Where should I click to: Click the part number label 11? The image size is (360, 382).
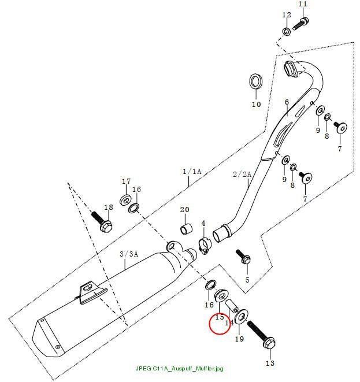303,4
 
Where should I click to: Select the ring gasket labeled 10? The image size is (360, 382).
255,81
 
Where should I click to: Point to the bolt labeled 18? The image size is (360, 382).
102,222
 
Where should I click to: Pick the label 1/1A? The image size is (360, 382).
192,172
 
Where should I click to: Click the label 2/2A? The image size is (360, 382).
242,174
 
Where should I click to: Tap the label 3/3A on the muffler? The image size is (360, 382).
129,254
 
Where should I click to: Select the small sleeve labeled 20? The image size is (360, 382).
186,229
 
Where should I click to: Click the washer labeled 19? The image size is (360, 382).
242,317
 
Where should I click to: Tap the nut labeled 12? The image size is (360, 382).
287,32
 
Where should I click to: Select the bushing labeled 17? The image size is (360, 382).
126,200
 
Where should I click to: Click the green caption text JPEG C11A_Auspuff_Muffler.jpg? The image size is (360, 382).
179,368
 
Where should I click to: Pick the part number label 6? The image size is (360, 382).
287,102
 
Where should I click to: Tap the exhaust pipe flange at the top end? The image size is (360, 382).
291,69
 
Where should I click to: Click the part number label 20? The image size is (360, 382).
185,209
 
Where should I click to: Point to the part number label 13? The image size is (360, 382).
270,364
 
